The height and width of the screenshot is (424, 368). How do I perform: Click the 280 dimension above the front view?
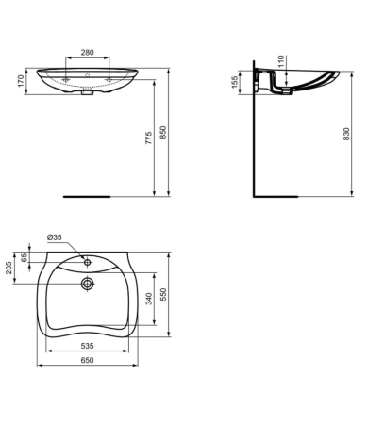pyautogui.click(x=87, y=53)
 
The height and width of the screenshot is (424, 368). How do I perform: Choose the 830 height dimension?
pyautogui.click(x=351, y=135)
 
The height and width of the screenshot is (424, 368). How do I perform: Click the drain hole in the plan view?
pyautogui.click(x=87, y=282)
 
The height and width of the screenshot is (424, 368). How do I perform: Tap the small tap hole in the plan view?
pyautogui.click(x=87, y=258)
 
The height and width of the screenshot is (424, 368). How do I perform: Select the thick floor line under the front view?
pyautogui.click(x=87, y=197)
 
